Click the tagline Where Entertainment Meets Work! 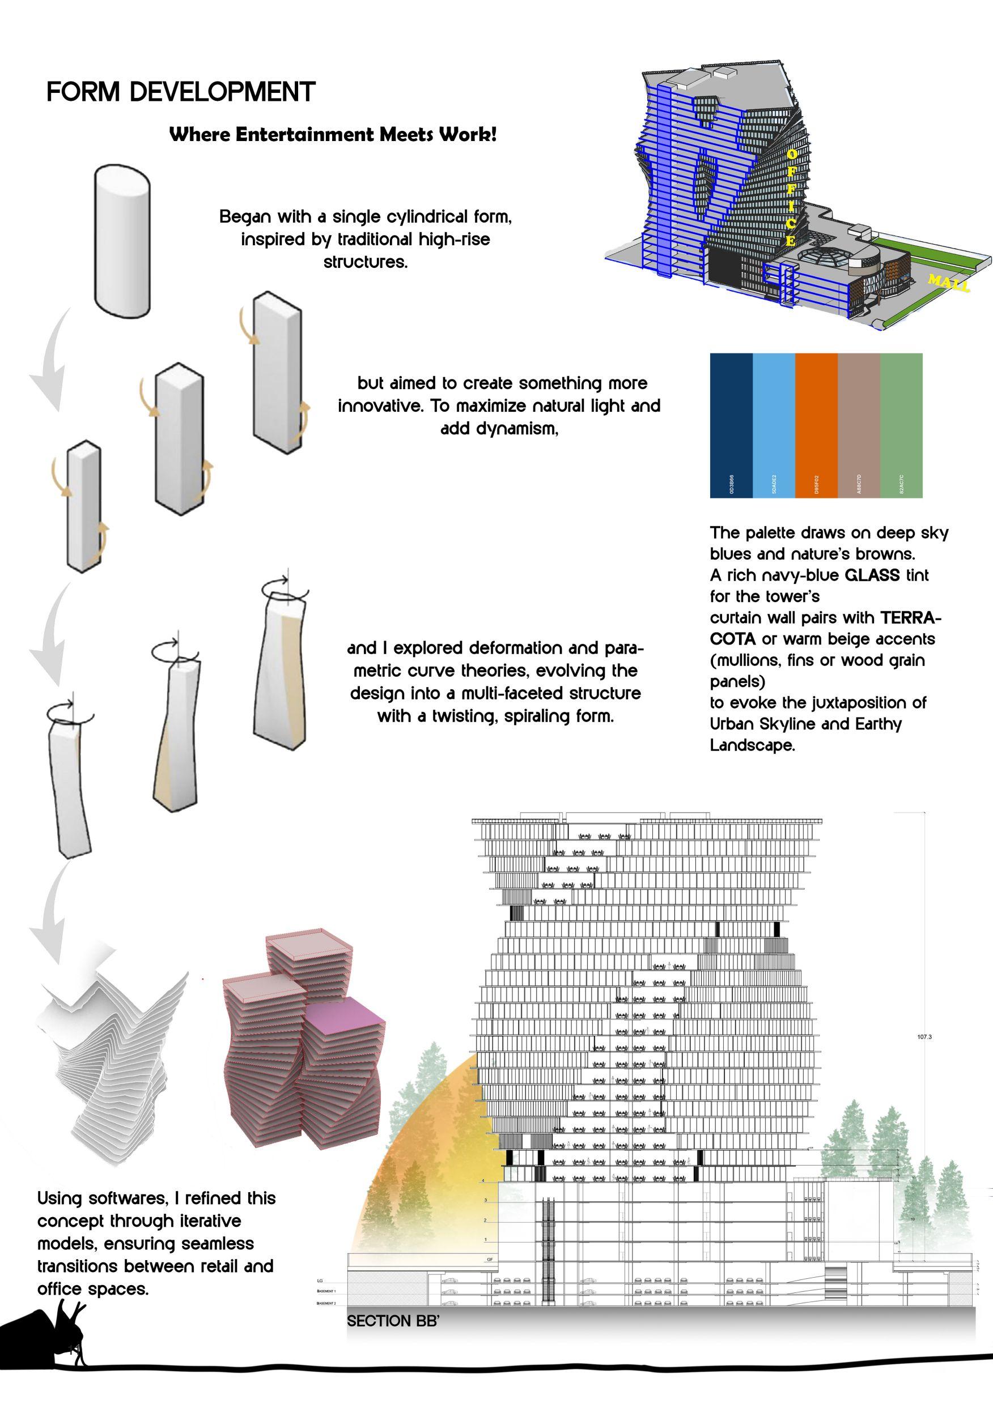(x=332, y=135)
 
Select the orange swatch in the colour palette (x=816, y=425)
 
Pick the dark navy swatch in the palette (x=731, y=425)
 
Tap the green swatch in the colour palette (x=901, y=425)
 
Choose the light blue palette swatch (x=773, y=425)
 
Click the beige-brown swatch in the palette (x=859, y=425)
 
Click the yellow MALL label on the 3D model (x=948, y=283)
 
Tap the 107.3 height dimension (x=924, y=1037)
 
